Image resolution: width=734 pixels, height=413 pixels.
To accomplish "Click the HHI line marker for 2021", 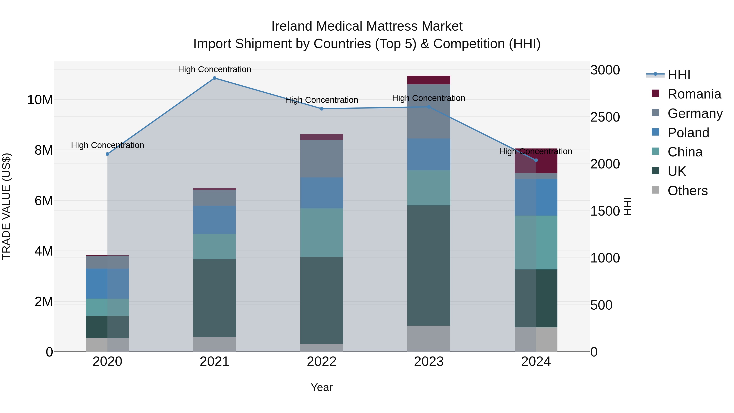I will point(214,78).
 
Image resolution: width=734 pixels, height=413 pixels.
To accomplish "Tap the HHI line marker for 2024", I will point(536,161).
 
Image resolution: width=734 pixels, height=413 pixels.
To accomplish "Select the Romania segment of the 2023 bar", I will point(429,80).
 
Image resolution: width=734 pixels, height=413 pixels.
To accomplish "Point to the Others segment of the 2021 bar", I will point(214,344).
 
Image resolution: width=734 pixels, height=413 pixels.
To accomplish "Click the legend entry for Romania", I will point(694,94).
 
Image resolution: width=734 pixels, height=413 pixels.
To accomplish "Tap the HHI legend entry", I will point(679,75).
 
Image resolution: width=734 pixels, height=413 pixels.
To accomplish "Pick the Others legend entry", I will point(687,191).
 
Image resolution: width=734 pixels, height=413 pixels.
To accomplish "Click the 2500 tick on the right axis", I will point(605,117).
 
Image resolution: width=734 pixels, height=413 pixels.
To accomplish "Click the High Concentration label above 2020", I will point(107,145).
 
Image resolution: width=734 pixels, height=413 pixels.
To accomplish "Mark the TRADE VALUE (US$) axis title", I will point(6,206).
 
